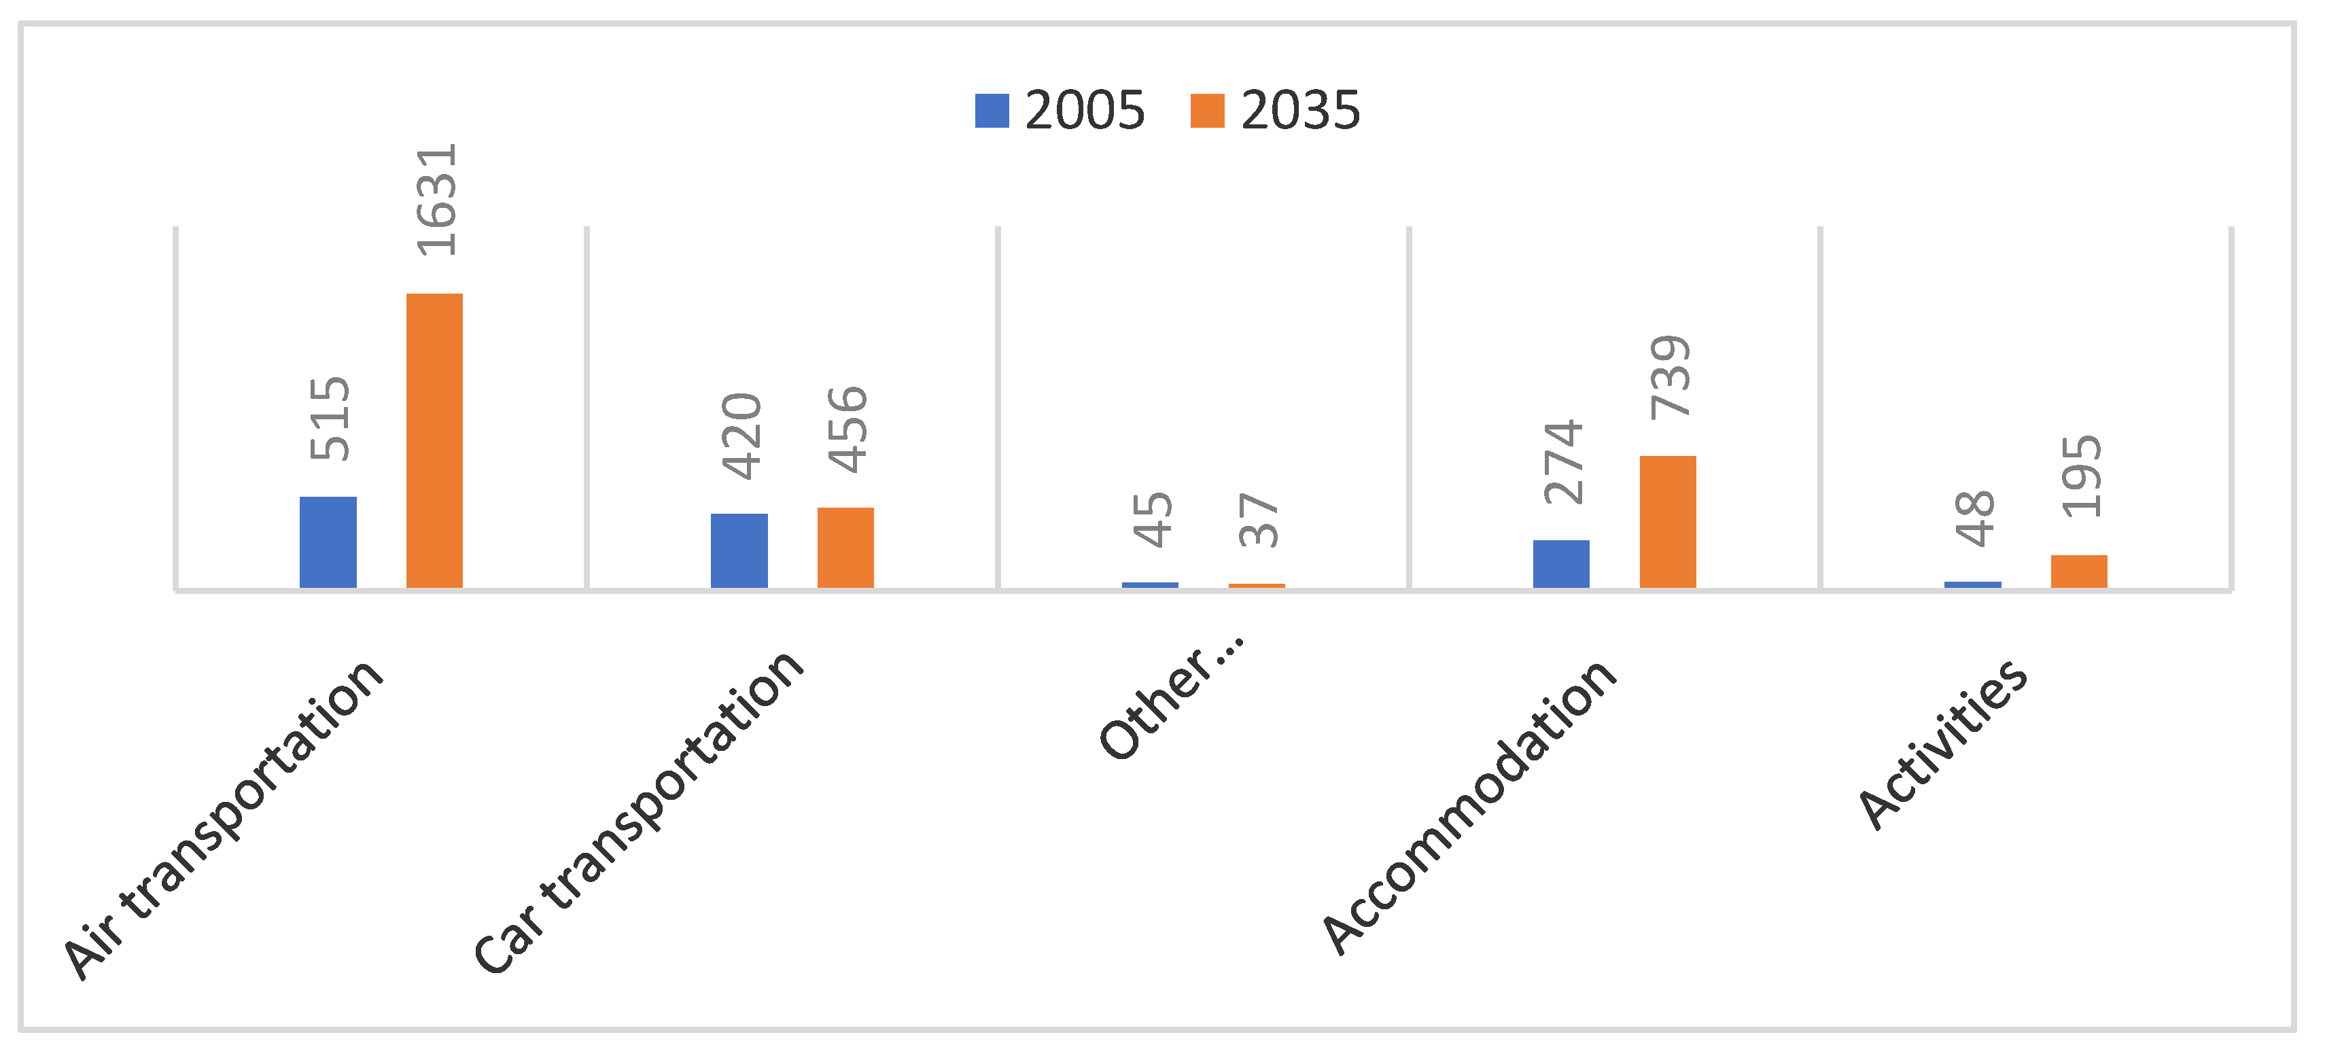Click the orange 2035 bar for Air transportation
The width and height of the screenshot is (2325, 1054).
tap(434, 440)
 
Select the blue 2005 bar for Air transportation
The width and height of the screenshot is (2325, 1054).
tap(328, 542)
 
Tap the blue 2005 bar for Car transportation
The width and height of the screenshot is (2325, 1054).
tap(739, 550)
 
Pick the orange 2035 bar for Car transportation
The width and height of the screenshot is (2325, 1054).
tap(845, 548)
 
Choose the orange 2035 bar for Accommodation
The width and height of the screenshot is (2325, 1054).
tap(1668, 522)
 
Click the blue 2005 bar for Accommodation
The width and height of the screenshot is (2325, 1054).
tap(1561, 564)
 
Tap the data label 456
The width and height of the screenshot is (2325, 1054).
tap(847, 429)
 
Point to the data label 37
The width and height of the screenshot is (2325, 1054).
tap(1258, 520)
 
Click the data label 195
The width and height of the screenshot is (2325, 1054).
tap(2081, 476)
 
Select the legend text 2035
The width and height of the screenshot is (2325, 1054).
tap(1299, 111)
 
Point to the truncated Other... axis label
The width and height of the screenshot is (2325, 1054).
tap(1172, 700)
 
